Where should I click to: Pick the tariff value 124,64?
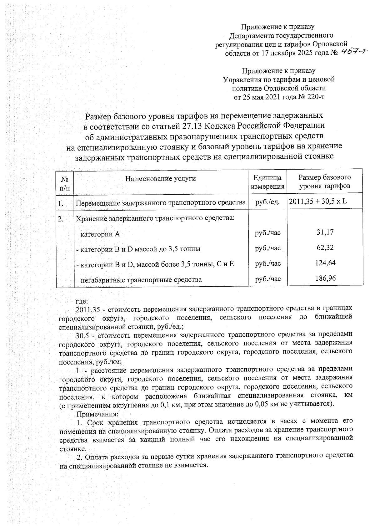(325, 263)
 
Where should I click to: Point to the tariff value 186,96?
(325, 278)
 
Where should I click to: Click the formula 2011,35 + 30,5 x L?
(318, 201)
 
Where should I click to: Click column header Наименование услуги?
(161, 179)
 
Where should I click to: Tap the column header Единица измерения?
(267, 182)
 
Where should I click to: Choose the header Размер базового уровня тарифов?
(325, 182)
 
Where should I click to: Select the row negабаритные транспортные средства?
(139, 280)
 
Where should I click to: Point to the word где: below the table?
(82, 301)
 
